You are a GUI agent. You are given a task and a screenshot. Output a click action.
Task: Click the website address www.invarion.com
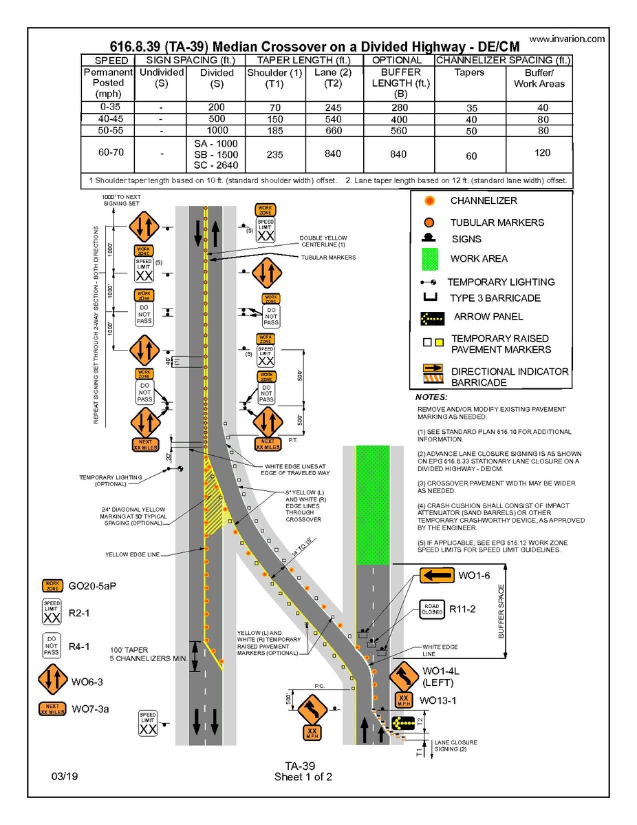(x=567, y=39)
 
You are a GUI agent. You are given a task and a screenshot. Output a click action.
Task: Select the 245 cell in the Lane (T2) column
(x=333, y=107)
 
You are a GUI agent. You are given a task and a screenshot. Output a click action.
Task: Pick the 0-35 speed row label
(x=108, y=107)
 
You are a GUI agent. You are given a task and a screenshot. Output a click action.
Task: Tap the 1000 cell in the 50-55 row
(x=217, y=130)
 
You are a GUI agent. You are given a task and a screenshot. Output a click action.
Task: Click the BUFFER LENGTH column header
(x=400, y=78)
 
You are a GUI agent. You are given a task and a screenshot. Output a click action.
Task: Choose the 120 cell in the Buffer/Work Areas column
(x=539, y=153)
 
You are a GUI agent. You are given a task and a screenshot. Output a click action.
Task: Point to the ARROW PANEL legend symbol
(x=430, y=318)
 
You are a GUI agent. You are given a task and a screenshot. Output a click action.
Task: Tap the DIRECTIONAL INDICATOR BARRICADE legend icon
(x=431, y=376)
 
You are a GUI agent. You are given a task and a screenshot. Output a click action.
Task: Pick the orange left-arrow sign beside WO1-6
(x=437, y=575)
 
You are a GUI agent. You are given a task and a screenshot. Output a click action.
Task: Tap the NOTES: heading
(x=431, y=398)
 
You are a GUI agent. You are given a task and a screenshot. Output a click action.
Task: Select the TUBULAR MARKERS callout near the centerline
(x=328, y=258)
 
